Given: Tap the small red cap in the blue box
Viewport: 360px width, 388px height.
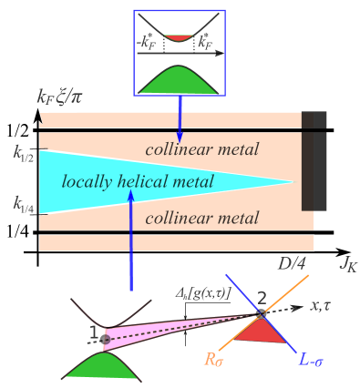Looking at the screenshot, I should [x=179, y=37].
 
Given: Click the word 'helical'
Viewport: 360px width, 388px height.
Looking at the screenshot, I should [x=147, y=182].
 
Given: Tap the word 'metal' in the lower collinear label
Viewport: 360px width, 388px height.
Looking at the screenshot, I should [x=237, y=218].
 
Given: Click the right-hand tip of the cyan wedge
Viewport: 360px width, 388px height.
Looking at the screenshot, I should [x=293, y=182].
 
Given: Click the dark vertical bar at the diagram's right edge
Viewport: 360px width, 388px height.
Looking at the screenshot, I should [x=308, y=160].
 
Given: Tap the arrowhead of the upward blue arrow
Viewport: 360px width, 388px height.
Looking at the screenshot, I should [x=130, y=195].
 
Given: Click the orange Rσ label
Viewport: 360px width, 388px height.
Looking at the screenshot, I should [x=213, y=361].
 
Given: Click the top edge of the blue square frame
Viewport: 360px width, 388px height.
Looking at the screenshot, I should [x=179, y=11].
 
